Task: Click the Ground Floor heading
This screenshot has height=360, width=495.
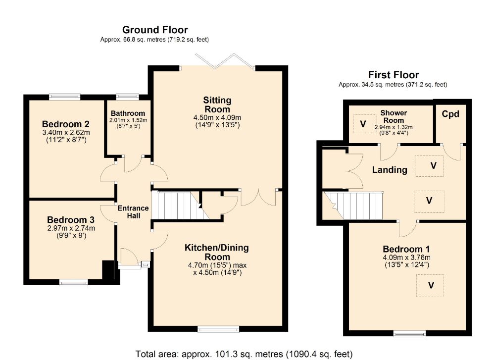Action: point(155,30)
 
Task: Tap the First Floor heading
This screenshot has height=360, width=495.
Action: point(394,75)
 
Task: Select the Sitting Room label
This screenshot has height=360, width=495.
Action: point(217,105)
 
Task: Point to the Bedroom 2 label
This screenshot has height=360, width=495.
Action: point(66,124)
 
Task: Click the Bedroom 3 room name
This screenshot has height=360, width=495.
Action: point(71,220)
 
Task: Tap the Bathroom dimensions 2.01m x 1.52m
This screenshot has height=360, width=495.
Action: point(128,120)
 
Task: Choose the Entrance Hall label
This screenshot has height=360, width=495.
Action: point(133,212)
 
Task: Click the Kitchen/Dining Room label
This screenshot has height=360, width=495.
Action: point(217,252)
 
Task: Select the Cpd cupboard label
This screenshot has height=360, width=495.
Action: point(450,114)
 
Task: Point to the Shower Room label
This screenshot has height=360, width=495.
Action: point(394,116)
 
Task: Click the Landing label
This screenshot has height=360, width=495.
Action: point(390,170)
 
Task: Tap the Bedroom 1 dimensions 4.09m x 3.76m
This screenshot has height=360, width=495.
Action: point(406,257)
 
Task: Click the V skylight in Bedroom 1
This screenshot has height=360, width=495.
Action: point(430,285)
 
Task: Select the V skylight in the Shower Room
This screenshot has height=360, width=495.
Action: point(363,124)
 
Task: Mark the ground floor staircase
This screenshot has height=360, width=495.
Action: point(181,205)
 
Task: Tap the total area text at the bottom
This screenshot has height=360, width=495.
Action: point(244,354)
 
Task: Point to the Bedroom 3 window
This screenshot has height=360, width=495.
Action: point(74,282)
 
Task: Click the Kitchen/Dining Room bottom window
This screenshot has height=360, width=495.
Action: point(218,329)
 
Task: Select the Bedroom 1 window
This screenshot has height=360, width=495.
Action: point(409,334)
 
